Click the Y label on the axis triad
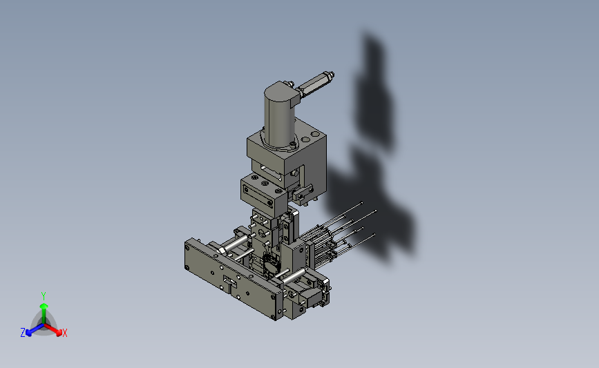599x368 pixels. [44, 296]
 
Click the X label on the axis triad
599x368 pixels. [64, 333]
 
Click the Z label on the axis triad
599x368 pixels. [23, 333]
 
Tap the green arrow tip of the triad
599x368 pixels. [44, 306]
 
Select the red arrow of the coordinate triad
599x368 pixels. [53, 329]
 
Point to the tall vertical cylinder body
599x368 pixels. [279, 117]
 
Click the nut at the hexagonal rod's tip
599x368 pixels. [330, 75]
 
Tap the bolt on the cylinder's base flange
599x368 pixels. [292, 144]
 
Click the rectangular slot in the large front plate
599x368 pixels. [230, 281]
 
